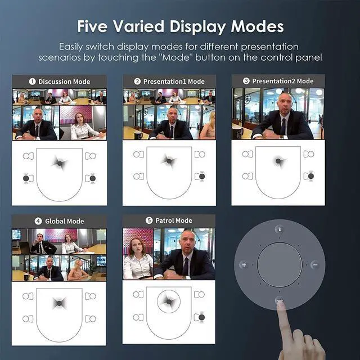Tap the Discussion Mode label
[x=64, y=82]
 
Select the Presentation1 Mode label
[x=173, y=82]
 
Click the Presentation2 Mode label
[x=282, y=81]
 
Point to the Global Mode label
[x=64, y=221]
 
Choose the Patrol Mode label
[x=173, y=220]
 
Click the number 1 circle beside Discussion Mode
[x=33, y=82]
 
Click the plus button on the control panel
[x=244, y=264]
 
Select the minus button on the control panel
[x=315, y=264]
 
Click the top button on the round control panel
[x=279, y=229]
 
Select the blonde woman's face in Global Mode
[x=77, y=263]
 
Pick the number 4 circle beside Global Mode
[x=38, y=221]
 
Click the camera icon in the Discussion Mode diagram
[x=59, y=163]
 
